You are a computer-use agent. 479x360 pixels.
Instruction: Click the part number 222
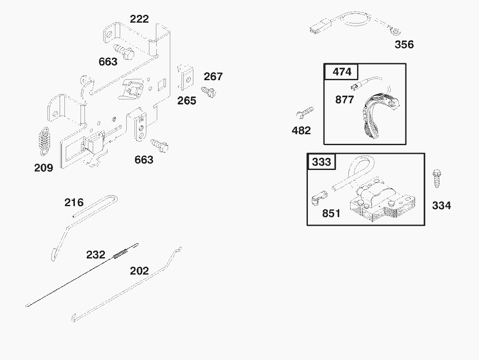click(x=139, y=19)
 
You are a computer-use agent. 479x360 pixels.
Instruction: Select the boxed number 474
click(x=342, y=72)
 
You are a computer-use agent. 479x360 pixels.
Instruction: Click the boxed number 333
click(x=322, y=162)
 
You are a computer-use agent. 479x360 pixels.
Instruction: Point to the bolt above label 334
click(x=436, y=178)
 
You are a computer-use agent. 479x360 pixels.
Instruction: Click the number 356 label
click(x=404, y=44)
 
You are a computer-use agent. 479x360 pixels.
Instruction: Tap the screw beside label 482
click(x=305, y=112)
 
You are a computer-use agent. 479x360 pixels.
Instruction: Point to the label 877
click(x=344, y=100)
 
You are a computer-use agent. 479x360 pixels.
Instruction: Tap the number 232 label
click(x=96, y=255)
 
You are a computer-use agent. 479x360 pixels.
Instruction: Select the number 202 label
click(x=139, y=271)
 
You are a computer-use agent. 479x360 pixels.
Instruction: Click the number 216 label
click(x=74, y=203)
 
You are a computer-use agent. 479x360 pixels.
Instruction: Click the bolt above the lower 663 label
click(x=159, y=145)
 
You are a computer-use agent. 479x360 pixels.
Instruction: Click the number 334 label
click(x=442, y=206)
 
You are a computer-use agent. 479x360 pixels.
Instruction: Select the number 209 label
click(x=44, y=168)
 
